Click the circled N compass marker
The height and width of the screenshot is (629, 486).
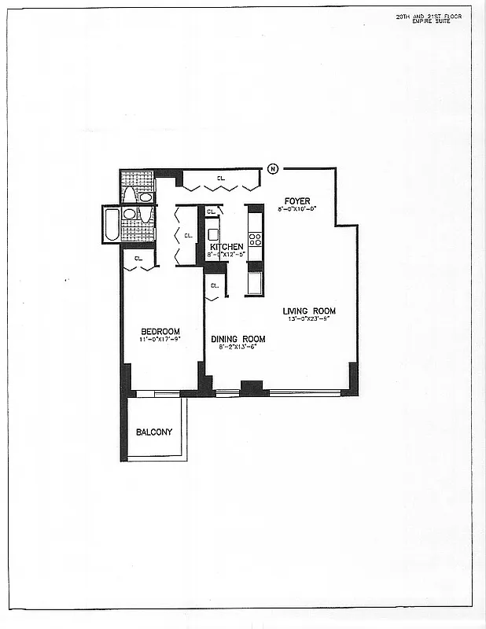point(273,168)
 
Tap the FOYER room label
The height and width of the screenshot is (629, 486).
point(297,201)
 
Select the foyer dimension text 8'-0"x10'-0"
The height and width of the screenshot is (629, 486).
point(297,209)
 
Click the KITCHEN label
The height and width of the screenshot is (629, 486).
point(226,247)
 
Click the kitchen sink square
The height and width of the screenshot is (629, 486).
point(213,234)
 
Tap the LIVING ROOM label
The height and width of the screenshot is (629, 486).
point(309,311)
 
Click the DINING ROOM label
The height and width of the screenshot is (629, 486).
point(238,339)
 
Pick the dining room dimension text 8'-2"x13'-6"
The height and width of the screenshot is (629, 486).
point(237,347)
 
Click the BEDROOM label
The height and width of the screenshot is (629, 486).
point(160,331)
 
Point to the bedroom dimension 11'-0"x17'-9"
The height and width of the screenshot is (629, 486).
point(160,339)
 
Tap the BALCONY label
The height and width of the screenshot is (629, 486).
point(154,432)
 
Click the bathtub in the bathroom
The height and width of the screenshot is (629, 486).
point(111,224)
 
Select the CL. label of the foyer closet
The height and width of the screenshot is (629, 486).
point(223,178)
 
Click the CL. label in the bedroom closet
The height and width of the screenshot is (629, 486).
point(138,257)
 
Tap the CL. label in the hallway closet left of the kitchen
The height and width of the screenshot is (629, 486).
point(188,235)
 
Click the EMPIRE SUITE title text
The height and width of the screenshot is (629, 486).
point(441,22)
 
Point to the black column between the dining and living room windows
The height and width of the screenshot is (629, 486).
point(252,388)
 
